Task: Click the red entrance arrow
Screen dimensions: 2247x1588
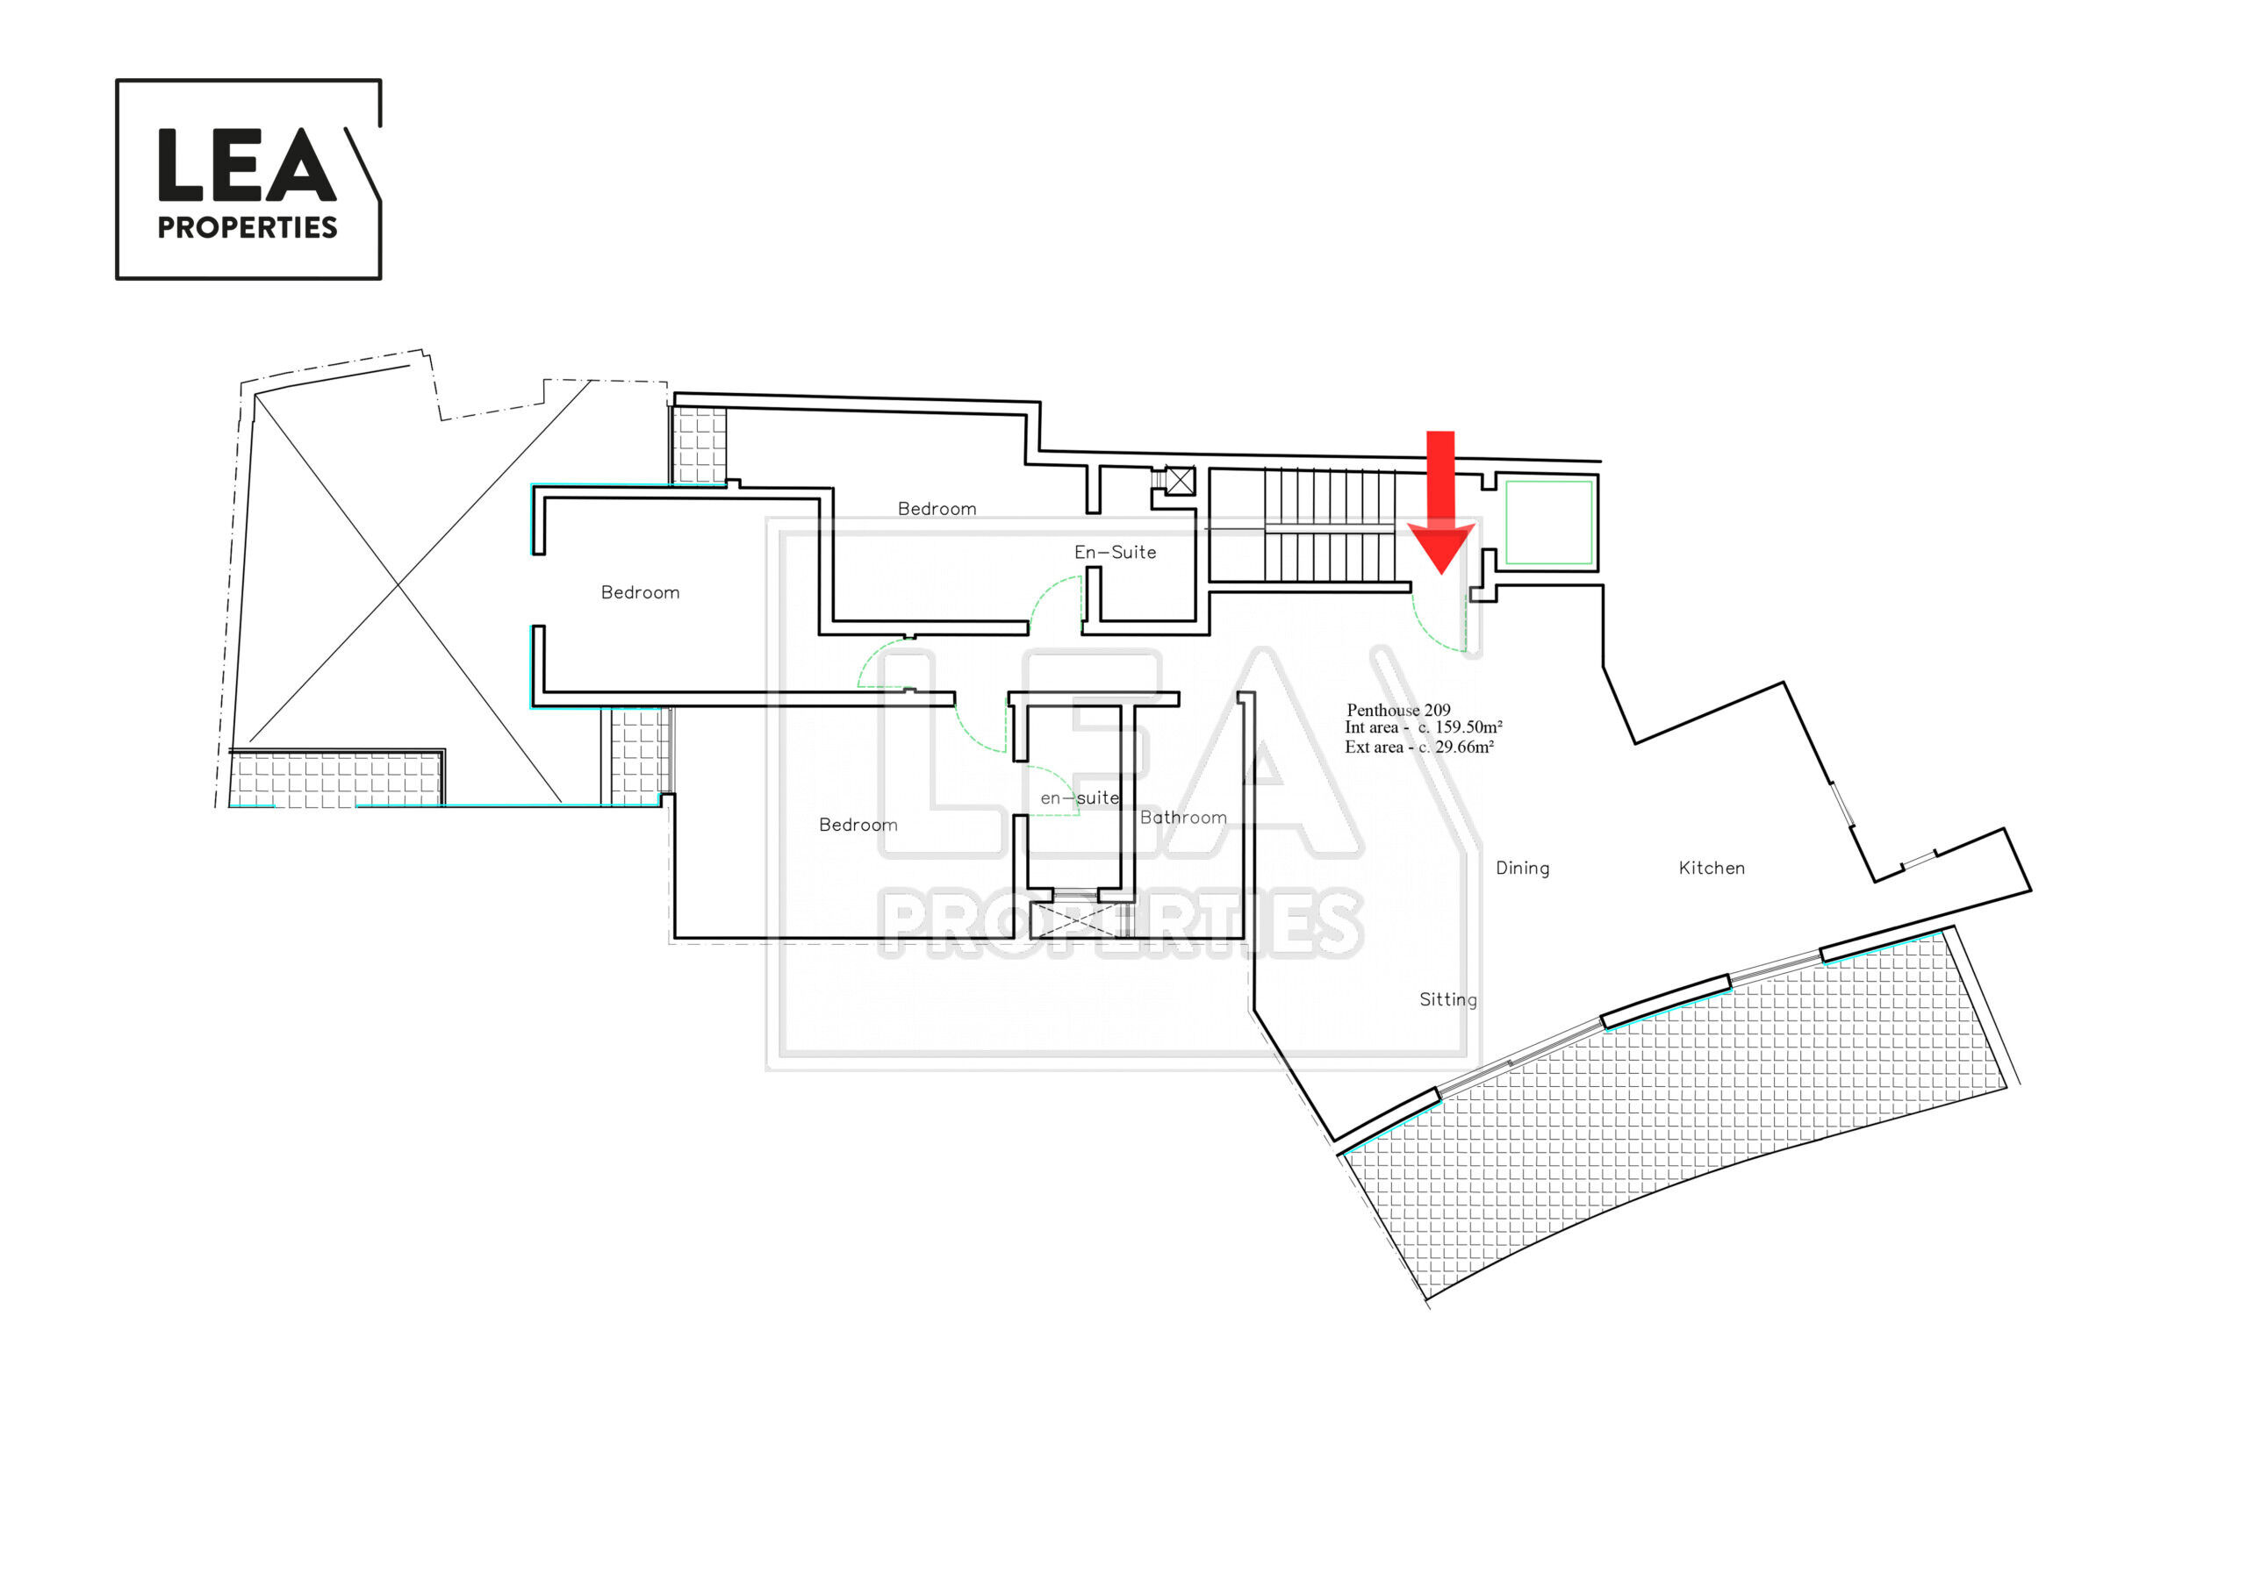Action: tap(1440, 504)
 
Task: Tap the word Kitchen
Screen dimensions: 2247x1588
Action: tap(1712, 868)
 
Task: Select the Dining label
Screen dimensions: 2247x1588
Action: tap(1523, 868)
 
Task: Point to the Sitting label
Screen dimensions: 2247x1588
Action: tap(1448, 999)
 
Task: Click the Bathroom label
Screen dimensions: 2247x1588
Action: tap(1183, 817)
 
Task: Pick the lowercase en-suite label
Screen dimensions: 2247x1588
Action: tap(1080, 798)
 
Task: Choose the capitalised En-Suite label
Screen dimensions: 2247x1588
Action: tap(1115, 552)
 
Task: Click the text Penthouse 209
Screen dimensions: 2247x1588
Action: tap(1398, 710)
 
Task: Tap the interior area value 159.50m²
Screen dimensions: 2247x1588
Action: tap(1468, 727)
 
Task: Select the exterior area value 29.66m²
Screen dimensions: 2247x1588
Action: tap(1464, 747)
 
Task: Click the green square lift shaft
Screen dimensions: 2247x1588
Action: tap(1549, 523)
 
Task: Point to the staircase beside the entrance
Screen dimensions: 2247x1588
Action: tap(1330, 526)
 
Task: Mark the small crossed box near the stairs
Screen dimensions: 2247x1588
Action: tap(1181, 481)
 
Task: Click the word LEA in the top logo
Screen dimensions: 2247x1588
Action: tap(247, 164)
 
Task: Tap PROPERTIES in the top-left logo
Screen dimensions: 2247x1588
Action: tap(248, 227)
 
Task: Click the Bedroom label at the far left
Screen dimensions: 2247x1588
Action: tap(640, 592)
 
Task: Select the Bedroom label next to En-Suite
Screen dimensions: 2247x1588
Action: tap(937, 509)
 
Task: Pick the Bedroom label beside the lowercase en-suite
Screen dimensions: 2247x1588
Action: tap(858, 825)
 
